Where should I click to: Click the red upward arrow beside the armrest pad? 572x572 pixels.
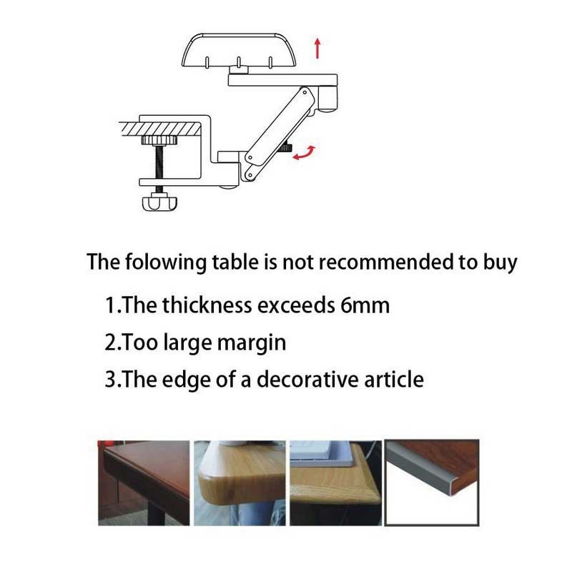tap(317, 48)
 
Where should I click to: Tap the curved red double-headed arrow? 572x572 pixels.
tap(305, 153)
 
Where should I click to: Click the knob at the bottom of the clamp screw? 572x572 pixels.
tap(159, 202)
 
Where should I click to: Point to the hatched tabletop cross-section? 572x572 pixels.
tap(160, 129)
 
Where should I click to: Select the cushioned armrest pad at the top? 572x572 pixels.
tap(238, 50)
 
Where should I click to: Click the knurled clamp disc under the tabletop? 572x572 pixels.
tap(159, 139)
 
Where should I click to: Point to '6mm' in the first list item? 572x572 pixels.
tap(365, 305)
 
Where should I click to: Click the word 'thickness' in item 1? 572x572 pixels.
tap(207, 305)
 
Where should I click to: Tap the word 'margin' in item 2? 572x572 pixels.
tap(252, 344)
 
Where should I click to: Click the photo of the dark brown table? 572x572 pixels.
tap(144, 483)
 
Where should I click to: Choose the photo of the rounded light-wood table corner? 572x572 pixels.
tap(240, 483)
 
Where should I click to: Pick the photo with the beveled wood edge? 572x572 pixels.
tap(335, 483)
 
